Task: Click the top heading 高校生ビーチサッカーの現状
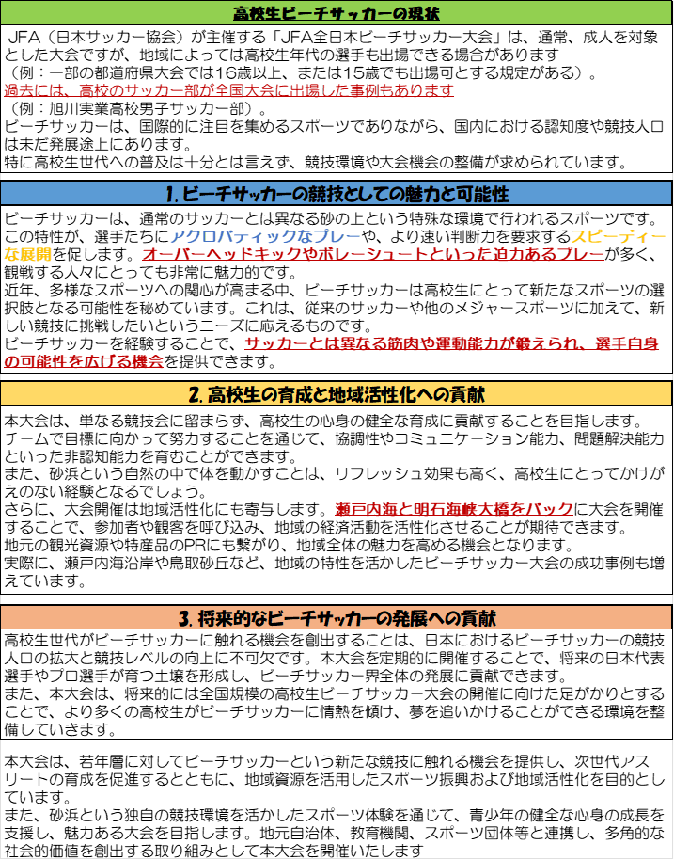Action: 337,14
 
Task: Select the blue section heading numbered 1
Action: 337,195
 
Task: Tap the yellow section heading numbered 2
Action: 337,392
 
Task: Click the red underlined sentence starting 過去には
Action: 229,90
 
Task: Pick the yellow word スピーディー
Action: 619,235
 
